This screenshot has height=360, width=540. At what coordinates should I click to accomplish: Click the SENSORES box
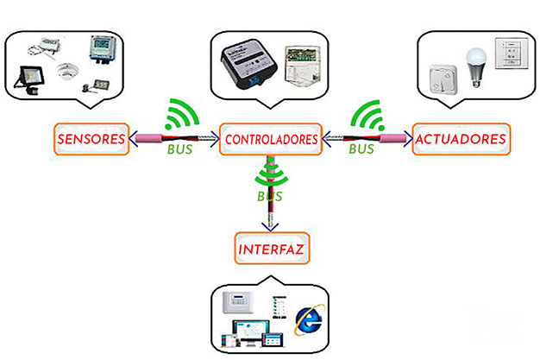tap(91, 139)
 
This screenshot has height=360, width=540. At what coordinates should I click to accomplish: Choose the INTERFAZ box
tap(272, 250)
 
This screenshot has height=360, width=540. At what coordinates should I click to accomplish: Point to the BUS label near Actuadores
tap(361, 148)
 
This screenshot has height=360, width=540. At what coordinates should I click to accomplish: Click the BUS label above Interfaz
tap(270, 197)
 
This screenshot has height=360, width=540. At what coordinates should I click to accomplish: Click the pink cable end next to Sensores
tap(144, 138)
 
